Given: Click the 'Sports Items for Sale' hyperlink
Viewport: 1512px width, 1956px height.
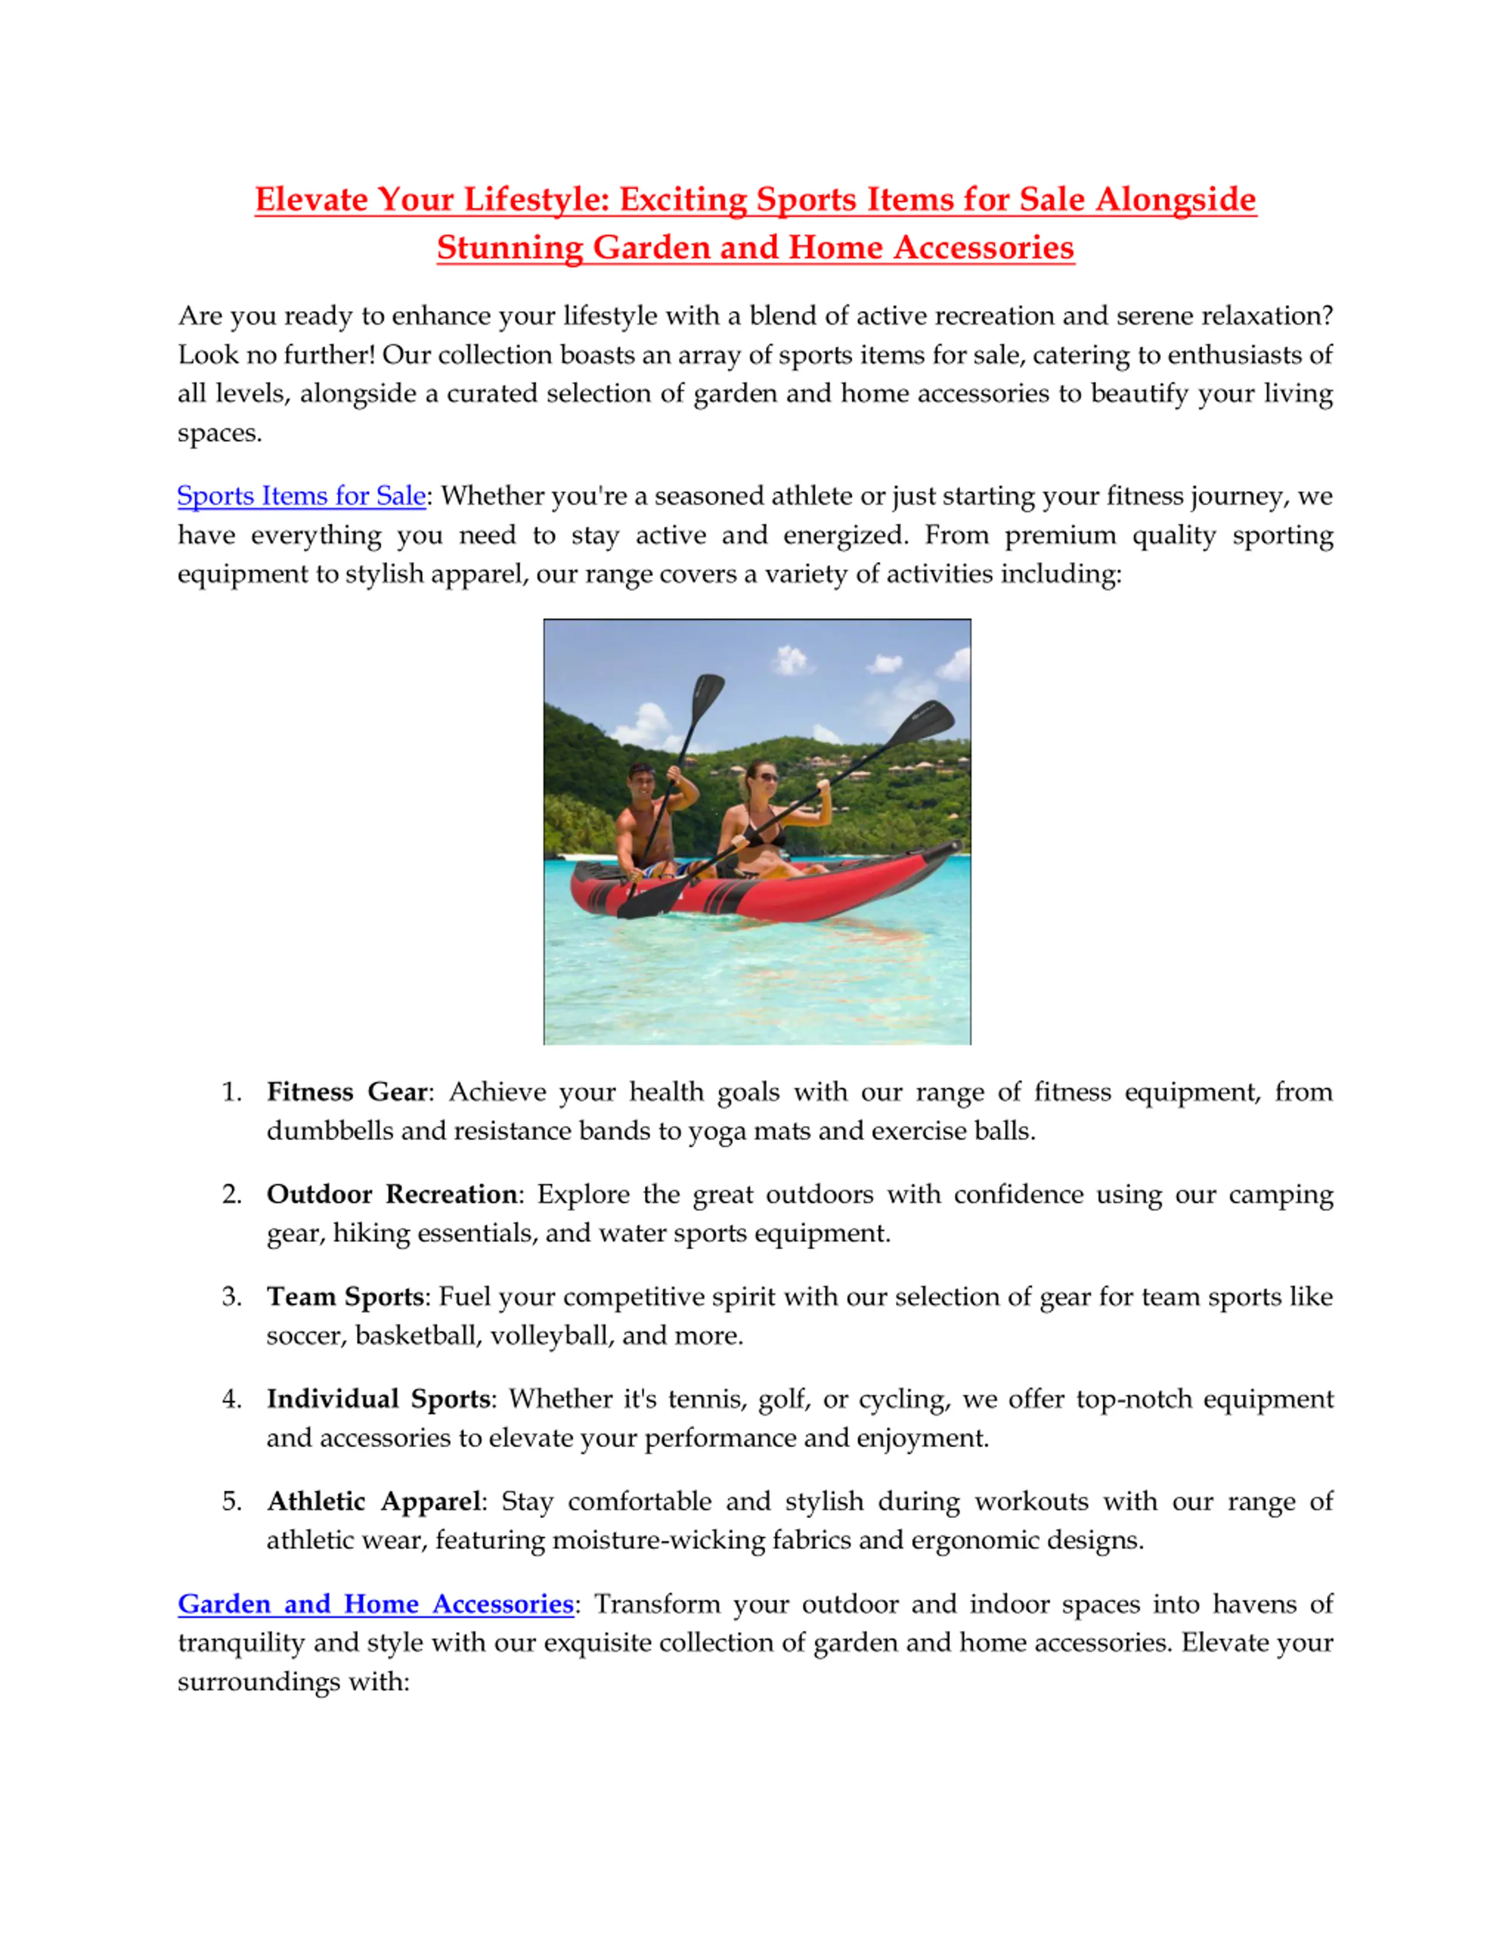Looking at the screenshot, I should point(301,496).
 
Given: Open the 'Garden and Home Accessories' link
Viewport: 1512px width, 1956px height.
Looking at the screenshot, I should point(375,1604).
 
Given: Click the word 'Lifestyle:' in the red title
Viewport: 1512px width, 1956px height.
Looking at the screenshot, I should point(536,199).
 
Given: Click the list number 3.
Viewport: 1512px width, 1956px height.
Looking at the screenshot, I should point(231,1297).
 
